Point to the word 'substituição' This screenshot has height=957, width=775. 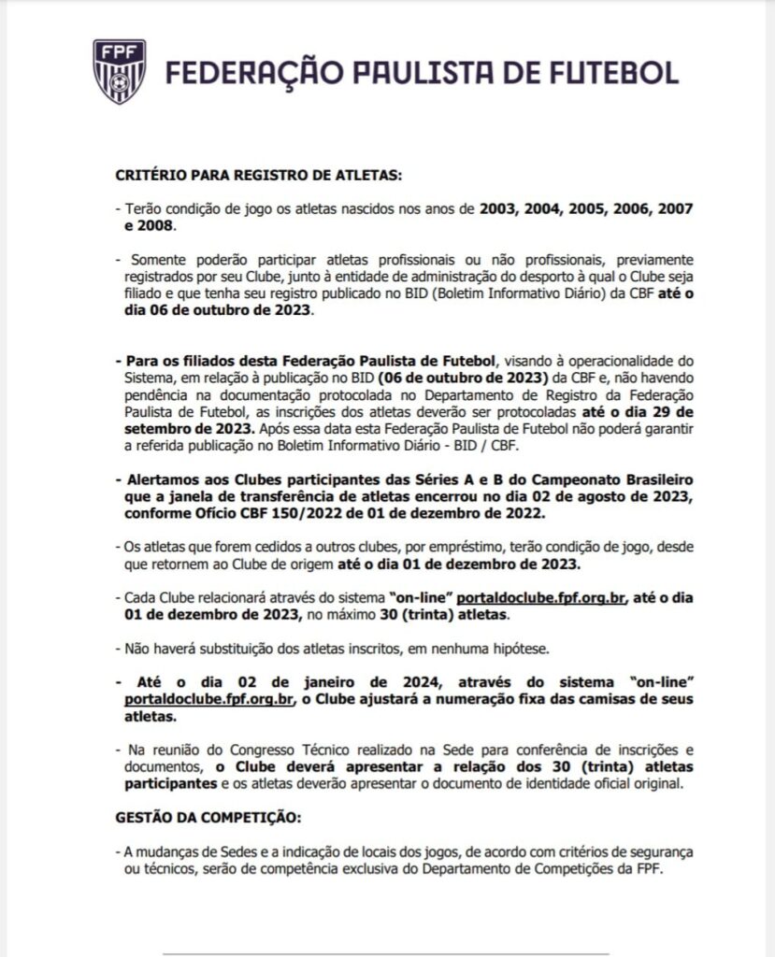click(x=211, y=647)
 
